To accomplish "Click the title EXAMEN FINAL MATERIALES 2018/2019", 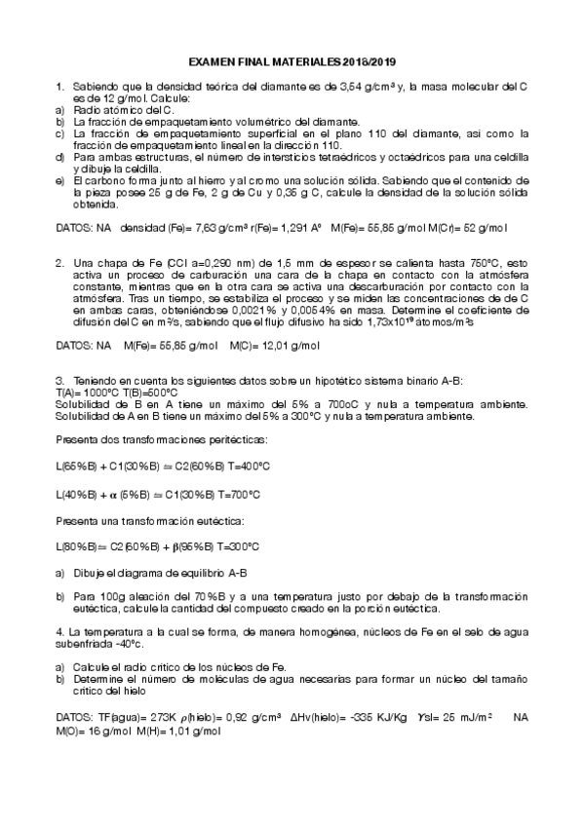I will (292, 61).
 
